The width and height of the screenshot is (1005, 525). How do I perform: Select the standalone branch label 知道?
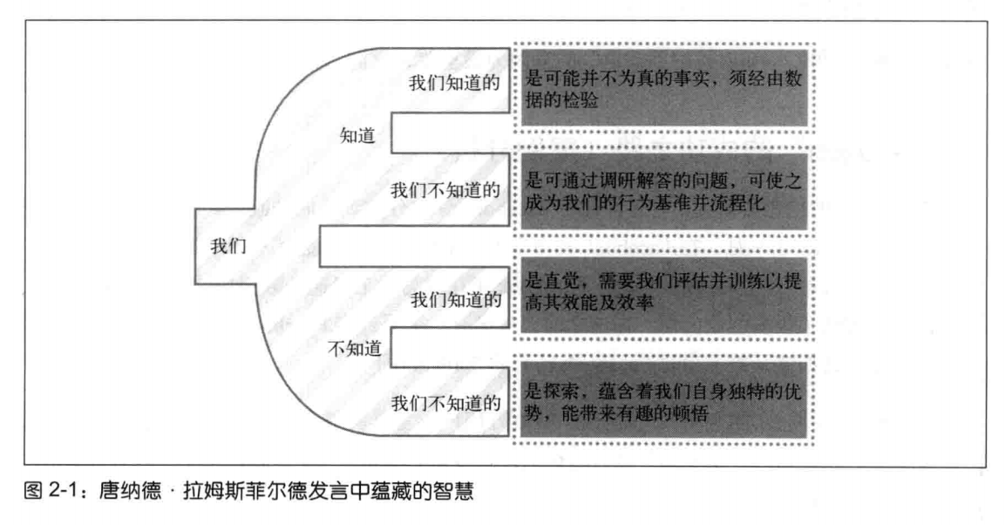tap(357, 136)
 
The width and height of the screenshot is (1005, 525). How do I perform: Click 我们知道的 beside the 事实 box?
tap(454, 84)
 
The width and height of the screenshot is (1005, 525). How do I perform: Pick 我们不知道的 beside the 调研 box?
tap(445, 189)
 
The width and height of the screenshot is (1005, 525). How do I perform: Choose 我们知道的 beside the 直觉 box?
tap(454, 298)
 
